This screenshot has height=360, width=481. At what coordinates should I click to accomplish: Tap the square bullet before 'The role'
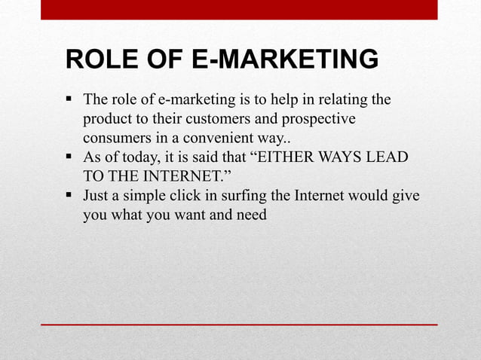tap(69, 99)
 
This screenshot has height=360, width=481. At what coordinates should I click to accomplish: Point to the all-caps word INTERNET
tap(172, 178)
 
